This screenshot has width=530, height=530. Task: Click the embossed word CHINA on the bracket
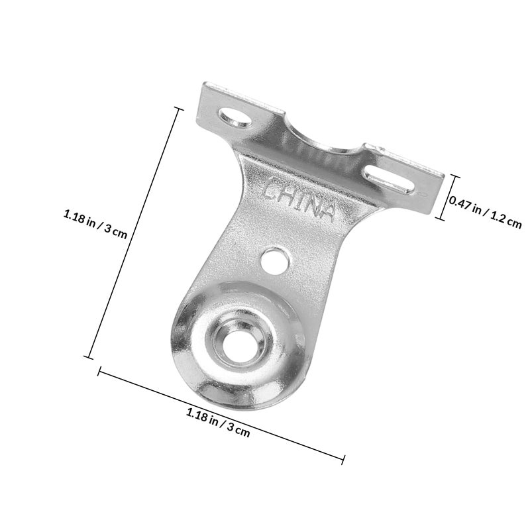pos(299,200)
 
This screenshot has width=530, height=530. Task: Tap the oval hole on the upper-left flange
pos(235,117)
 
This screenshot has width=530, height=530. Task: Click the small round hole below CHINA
pos(276,261)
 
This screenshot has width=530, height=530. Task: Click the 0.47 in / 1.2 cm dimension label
pos(486,213)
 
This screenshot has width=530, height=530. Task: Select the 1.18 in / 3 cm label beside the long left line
pos(95,225)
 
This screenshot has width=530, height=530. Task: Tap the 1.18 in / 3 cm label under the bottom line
pos(219,423)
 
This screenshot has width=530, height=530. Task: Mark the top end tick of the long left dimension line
pos(178,109)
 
